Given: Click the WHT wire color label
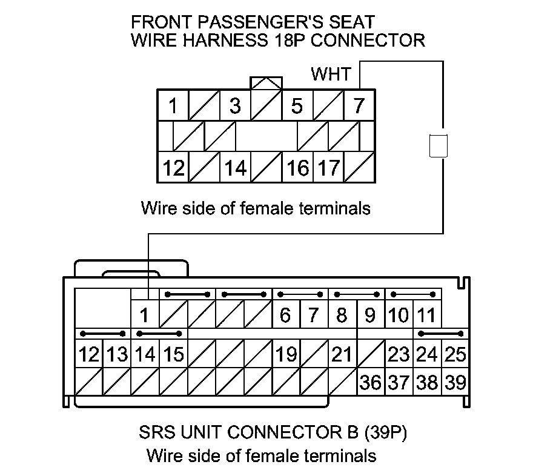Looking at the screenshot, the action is point(331,74).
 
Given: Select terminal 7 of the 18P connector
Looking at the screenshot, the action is point(359,106).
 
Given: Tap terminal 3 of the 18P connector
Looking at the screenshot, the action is point(235,106).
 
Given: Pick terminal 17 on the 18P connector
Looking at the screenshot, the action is point(329,168).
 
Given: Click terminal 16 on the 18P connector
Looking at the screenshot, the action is point(297,168).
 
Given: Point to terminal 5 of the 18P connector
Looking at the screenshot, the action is point(297,106).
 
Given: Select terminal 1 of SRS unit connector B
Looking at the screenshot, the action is point(145,315).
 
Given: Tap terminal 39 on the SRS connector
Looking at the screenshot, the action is point(454,383).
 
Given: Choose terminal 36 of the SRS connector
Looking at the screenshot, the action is point(370,383).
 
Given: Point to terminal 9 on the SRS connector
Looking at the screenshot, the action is point(370,315).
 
